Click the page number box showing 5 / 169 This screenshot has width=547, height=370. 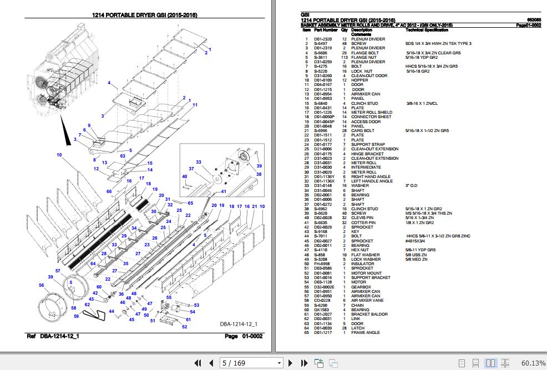[x=250, y=363]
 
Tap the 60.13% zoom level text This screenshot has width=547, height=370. [x=533, y=363]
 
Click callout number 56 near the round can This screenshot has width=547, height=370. [x=41, y=286]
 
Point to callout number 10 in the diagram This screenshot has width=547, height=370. [x=59, y=155]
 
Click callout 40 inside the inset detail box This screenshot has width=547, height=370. [x=185, y=177]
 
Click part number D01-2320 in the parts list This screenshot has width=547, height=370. [x=323, y=39]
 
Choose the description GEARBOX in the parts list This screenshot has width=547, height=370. [x=361, y=287]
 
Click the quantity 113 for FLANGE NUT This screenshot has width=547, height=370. [x=345, y=57]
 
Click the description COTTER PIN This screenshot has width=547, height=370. [x=363, y=222]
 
